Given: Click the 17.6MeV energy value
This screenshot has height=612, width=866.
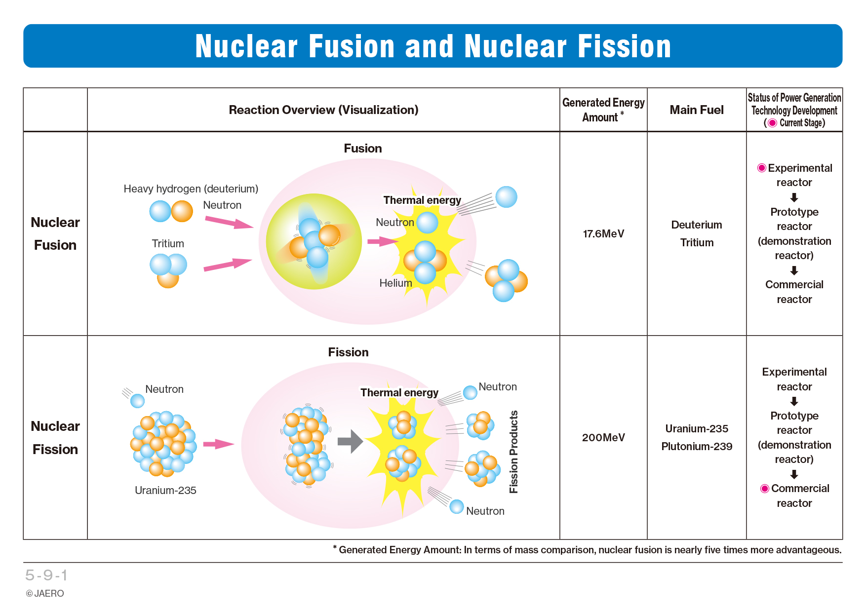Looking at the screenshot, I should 603,234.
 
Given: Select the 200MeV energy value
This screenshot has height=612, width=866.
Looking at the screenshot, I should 603,438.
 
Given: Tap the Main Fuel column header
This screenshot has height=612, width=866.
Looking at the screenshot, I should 697,110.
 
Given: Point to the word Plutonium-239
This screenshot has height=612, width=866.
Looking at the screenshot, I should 697,447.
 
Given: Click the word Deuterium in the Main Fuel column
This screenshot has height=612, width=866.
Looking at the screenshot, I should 697,225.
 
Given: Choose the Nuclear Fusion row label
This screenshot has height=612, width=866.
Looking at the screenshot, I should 55,233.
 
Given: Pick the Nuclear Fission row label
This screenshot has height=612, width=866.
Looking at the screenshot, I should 55,438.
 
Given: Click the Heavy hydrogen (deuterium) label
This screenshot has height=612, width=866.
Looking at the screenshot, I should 191,189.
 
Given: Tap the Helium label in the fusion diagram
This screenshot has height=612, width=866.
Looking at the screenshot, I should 395,283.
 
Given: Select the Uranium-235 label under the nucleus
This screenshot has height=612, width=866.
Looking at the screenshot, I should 165,491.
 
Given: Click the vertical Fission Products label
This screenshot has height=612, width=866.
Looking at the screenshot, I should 514,452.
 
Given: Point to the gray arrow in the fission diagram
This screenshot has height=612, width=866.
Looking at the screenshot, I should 350,441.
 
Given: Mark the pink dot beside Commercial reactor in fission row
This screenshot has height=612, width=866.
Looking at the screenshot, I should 765,489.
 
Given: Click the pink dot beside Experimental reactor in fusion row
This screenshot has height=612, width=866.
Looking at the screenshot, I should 762,168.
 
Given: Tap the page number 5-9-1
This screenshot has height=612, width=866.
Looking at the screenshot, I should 46,575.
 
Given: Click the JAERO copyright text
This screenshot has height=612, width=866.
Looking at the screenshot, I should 45,594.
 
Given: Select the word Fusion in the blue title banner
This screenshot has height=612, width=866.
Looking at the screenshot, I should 352,46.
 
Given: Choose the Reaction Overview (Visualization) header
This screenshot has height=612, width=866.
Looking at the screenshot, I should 323,110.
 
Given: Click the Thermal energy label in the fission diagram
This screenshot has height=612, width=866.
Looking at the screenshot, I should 399,393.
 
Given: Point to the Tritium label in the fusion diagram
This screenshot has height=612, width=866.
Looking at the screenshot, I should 168,244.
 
